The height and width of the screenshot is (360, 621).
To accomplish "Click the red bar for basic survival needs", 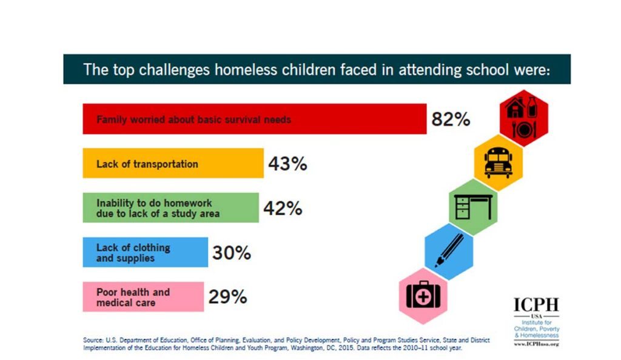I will [255, 119].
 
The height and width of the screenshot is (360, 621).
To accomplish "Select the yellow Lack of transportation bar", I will [173, 164].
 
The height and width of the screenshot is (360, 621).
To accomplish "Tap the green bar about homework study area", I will [170, 208].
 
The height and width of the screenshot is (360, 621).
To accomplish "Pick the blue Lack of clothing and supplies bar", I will [145, 252].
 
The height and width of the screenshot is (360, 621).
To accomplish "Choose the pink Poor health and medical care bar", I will [143, 297].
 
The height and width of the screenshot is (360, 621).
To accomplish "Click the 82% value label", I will [451, 119].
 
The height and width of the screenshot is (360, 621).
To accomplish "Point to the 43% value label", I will [287, 164].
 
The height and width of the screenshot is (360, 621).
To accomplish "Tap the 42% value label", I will [283, 208].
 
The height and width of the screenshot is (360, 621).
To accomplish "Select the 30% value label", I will [232, 253].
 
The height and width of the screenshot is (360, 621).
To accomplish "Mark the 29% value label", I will [228, 298].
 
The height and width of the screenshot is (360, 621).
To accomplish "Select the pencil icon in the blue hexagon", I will [449, 250].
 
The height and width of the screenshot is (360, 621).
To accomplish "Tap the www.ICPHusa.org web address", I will [536, 344].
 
